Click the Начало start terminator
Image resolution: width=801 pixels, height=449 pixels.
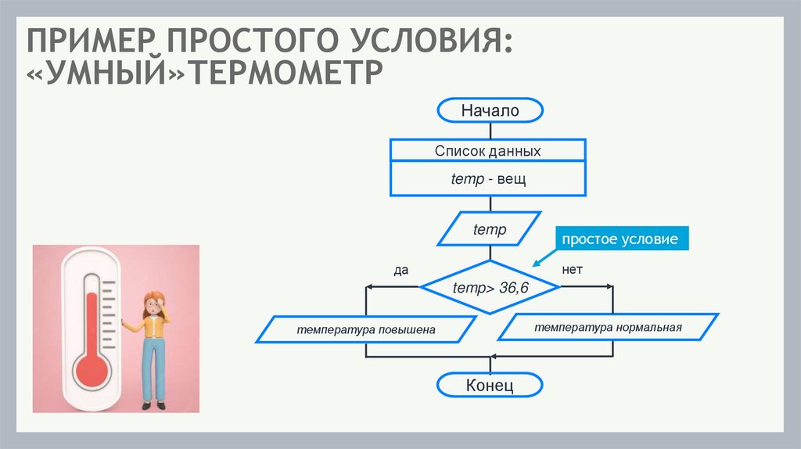tap(490, 111)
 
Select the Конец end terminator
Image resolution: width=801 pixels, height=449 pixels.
tap(490, 386)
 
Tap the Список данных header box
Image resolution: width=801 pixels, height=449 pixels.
tap(487, 150)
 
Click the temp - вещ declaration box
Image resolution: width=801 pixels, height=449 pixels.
tap(487, 179)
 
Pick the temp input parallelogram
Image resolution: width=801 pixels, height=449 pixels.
tap(490, 230)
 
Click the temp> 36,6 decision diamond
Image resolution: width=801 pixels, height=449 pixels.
tap(490, 288)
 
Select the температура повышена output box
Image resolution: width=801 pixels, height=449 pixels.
tap(365, 330)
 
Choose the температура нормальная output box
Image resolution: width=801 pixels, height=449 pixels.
tap(609, 327)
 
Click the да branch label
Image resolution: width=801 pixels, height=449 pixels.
tap(401, 270)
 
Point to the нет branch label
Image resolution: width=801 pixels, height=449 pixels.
tap(573, 269)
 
